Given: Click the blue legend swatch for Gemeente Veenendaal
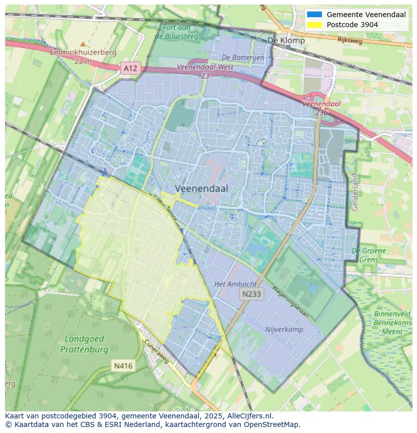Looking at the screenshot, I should click(314, 15).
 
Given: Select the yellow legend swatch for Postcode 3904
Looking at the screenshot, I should click(314, 25).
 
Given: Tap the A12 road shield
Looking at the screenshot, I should click(130, 67).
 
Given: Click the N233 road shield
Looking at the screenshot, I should click(251, 294).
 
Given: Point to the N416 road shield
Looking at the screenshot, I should click(123, 366).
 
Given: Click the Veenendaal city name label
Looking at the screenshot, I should click(201, 188).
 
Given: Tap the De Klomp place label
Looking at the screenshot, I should click(286, 40).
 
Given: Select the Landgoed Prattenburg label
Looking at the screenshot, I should click(84, 344).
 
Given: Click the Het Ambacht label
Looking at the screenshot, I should click(235, 284).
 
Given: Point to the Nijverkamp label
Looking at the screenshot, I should click(284, 329).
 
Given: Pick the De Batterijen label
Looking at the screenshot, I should click(243, 58).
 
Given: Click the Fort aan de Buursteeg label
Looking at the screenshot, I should click(177, 32).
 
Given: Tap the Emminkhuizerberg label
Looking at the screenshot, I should click(83, 52).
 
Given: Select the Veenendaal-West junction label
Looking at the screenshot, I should click(205, 70).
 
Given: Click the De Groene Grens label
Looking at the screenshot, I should click(369, 255).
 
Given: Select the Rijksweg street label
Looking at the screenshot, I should click(350, 41).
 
